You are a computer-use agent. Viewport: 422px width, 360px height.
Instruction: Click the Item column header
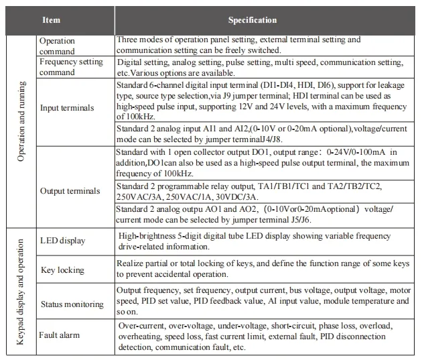tap(51, 20)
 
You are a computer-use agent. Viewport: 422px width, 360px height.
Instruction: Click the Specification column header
tap(252, 20)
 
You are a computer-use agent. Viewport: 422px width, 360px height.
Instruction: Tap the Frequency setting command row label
tap(71, 67)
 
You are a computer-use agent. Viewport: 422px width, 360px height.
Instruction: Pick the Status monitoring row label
tap(72, 304)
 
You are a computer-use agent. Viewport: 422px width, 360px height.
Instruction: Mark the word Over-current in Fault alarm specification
tap(138, 326)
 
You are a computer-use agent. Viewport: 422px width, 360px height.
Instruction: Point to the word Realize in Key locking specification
tap(131, 265)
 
